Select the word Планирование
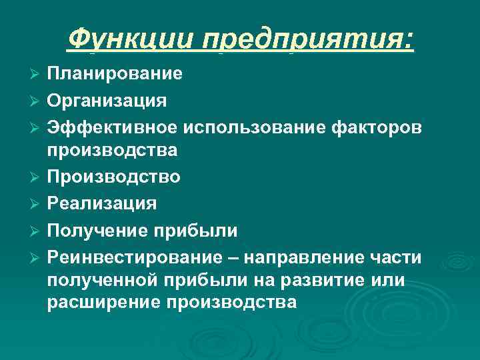click(x=115, y=73)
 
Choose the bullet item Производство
click(x=113, y=177)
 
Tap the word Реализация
click(x=102, y=203)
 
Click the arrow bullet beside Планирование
click(x=35, y=73)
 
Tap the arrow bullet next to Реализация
click(x=35, y=203)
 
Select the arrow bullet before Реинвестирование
click(x=35, y=256)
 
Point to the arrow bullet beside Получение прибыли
click(x=35, y=229)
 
